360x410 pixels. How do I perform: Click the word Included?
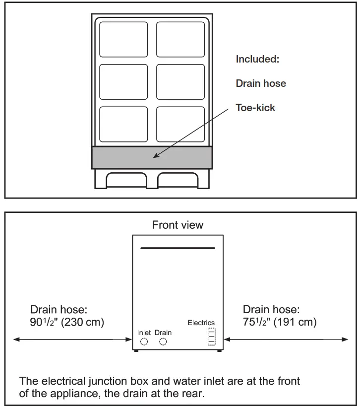[258, 60]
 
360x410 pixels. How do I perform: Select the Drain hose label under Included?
[261, 83]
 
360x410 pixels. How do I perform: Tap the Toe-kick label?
[255, 107]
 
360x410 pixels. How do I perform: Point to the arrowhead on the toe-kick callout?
[155, 156]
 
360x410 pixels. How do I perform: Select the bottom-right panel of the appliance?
[180, 124]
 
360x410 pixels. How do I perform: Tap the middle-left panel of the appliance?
[123, 82]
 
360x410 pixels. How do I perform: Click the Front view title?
[178, 225]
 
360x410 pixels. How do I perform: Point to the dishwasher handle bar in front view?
[178, 248]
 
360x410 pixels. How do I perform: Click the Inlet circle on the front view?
[144, 342]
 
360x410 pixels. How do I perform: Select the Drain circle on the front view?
[163, 342]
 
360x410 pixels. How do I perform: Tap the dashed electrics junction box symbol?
[212, 336]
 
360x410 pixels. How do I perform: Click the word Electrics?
[201, 323]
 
